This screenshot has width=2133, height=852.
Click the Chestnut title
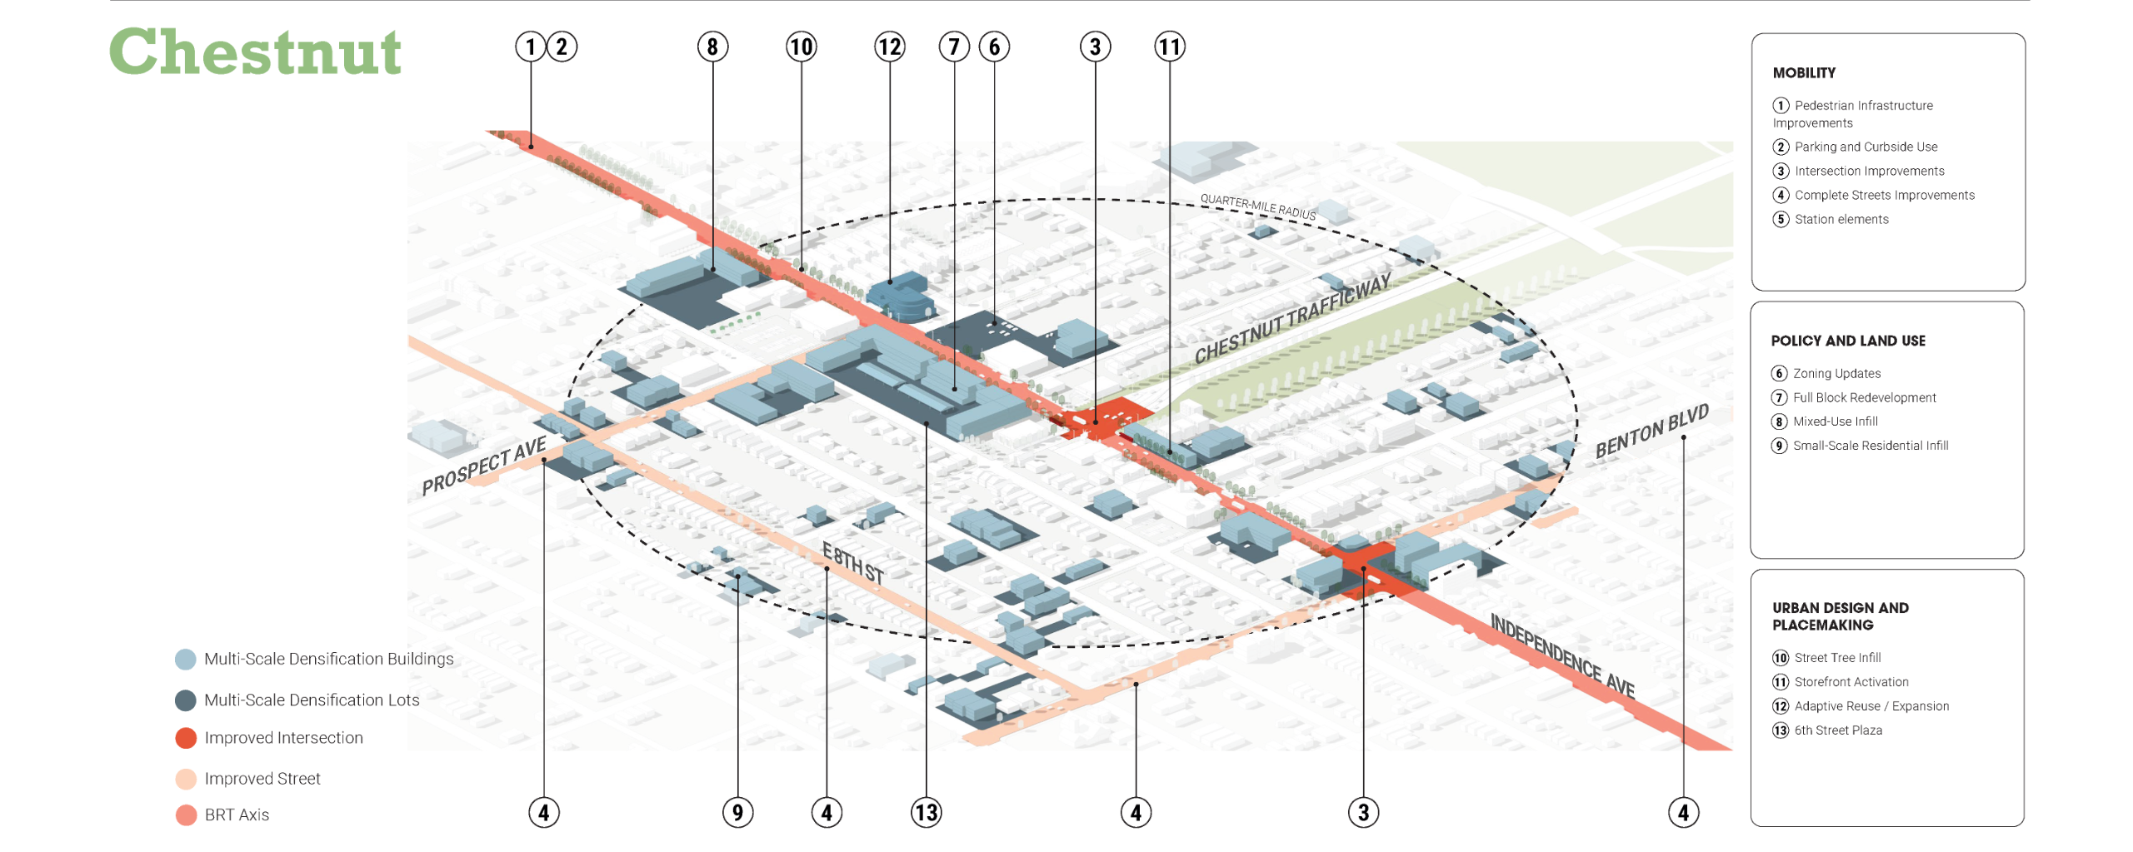pyautogui.click(x=255, y=52)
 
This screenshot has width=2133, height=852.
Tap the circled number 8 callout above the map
pyautogui.click(x=712, y=47)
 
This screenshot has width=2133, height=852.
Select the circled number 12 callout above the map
pyautogui.click(x=889, y=47)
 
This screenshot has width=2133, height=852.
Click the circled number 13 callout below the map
pyautogui.click(x=926, y=812)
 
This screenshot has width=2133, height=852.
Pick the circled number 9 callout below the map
pyautogui.click(x=737, y=812)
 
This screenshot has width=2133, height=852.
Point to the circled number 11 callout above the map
pyautogui.click(x=1169, y=47)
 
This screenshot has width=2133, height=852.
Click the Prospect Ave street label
pyautogui.click(x=484, y=466)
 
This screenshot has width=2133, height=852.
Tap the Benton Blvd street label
pyautogui.click(x=1651, y=431)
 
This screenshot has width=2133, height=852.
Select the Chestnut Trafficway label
pyautogui.click(x=1292, y=318)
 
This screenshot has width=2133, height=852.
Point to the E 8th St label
pyautogui.click(x=852, y=563)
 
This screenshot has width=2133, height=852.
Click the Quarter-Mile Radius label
pyautogui.click(x=1258, y=207)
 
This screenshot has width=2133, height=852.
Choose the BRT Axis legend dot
pyautogui.click(x=186, y=815)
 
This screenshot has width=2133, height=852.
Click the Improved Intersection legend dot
pyautogui.click(x=186, y=738)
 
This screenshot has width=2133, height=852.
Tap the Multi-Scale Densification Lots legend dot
pyautogui.click(x=186, y=700)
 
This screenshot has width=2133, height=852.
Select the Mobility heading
pyautogui.click(x=1804, y=73)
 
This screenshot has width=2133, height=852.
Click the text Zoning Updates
pyautogui.click(x=1836, y=374)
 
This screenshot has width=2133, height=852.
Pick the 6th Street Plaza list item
pyautogui.click(x=1838, y=730)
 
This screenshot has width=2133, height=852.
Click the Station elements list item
pyautogui.click(x=1841, y=220)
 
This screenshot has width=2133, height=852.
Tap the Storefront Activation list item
pyautogui.click(x=1851, y=682)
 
